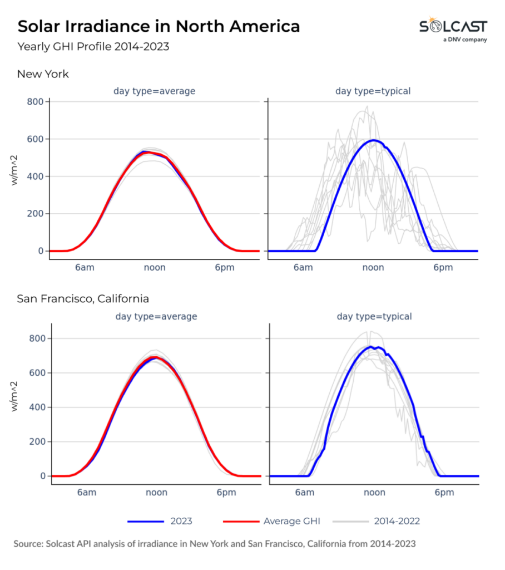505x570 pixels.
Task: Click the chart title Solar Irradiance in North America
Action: [x=159, y=26]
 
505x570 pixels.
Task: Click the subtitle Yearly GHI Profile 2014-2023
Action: [x=93, y=47]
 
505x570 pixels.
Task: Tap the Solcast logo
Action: [x=453, y=29]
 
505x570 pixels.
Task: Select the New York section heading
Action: [x=43, y=74]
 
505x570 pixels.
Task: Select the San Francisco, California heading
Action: [x=83, y=299]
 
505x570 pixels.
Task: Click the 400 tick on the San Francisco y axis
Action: [x=35, y=407]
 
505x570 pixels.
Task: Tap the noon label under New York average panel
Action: [x=154, y=267]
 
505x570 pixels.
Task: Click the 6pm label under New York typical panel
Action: [x=443, y=267]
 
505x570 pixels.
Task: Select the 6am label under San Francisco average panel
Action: [x=86, y=492]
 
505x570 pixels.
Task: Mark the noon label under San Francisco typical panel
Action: [x=374, y=492]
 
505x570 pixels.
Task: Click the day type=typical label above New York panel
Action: [x=373, y=91]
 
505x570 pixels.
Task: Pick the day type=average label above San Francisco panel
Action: [x=156, y=317]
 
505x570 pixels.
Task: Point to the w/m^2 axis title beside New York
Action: [x=18, y=176]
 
